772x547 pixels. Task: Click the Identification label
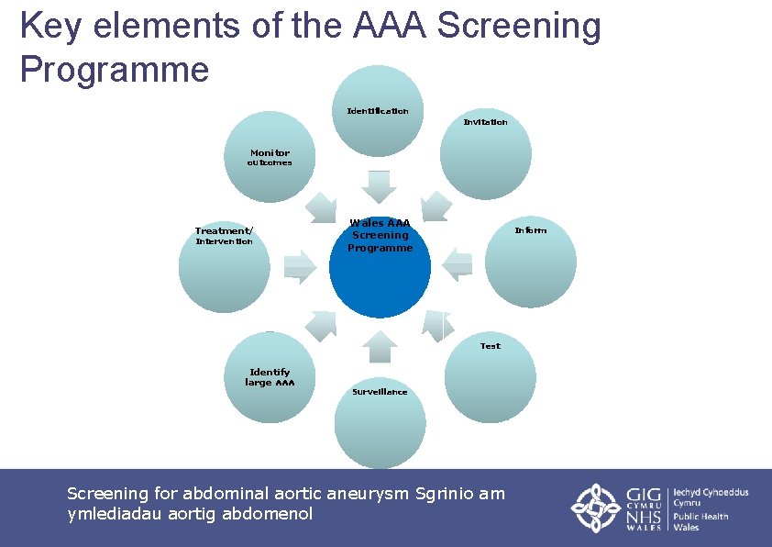(x=378, y=111)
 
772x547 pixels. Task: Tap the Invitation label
(x=485, y=122)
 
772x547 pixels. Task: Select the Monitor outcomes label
(x=270, y=158)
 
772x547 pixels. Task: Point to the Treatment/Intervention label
(x=225, y=236)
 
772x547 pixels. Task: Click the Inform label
(x=530, y=230)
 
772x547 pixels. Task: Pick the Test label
(x=491, y=346)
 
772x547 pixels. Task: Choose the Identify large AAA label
(x=270, y=377)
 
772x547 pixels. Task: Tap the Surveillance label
(x=380, y=392)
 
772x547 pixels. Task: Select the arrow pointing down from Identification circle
(x=379, y=185)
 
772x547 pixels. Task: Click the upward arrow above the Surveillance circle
(x=380, y=346)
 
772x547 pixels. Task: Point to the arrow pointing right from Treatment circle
(x=300, y=266)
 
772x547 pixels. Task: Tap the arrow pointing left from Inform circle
(x=457, y=264)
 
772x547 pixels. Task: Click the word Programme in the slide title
(x=115, y=69)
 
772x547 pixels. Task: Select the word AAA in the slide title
(x=390, y=26)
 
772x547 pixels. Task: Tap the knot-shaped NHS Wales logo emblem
(x=597, y=508)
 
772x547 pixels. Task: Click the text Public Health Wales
(x=701, y=521)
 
